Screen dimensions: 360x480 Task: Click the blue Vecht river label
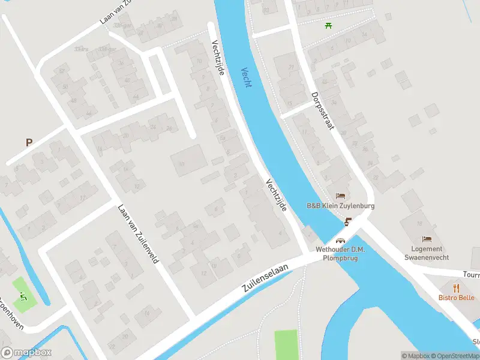point(247,77)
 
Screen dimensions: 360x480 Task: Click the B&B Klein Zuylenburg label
point(341,206)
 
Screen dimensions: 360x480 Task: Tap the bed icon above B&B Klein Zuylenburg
point(341,196)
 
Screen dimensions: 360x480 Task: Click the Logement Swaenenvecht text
point(427,253)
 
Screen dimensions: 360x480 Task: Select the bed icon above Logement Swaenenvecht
point(427,239)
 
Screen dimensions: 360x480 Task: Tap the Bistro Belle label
point(456,298)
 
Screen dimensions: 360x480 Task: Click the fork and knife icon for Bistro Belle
point(456,287)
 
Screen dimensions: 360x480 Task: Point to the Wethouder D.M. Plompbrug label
point(340,254)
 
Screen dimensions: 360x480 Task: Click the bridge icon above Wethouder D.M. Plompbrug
point(340,241)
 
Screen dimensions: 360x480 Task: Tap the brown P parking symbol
point(28,142)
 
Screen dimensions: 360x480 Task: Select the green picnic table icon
point(328,25)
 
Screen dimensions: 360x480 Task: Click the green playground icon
point(23,296)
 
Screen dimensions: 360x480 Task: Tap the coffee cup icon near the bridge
point(348,223)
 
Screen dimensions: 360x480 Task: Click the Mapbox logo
point(26,353)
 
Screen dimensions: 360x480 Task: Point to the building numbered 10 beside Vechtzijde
point(182,163)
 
